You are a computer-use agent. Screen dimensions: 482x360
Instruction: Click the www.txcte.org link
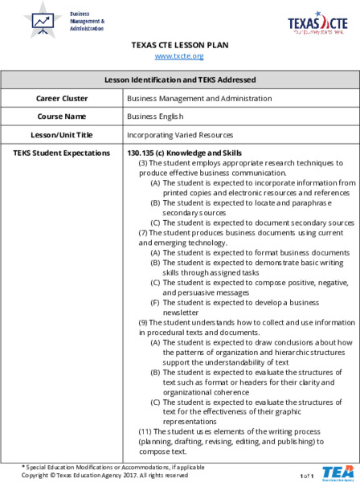click(179, 56)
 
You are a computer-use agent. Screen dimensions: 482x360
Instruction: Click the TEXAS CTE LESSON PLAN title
click(179, 45)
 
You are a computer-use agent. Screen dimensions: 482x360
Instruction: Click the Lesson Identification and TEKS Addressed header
click(180, 80)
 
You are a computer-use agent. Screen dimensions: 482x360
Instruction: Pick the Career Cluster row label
click(62, 98)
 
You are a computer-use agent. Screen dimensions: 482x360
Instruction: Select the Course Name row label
click(62, 116)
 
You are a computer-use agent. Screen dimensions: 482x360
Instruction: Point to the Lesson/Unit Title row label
click(62, 135)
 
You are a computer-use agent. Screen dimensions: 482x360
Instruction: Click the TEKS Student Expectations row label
click(62, 153)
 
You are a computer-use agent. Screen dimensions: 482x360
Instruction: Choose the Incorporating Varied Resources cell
click(180, 135)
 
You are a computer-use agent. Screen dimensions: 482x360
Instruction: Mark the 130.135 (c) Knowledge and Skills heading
click(184, 153)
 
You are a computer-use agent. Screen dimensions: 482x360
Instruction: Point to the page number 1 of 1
click(306, 476)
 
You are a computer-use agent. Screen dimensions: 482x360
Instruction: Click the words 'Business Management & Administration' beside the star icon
click(87, 21)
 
